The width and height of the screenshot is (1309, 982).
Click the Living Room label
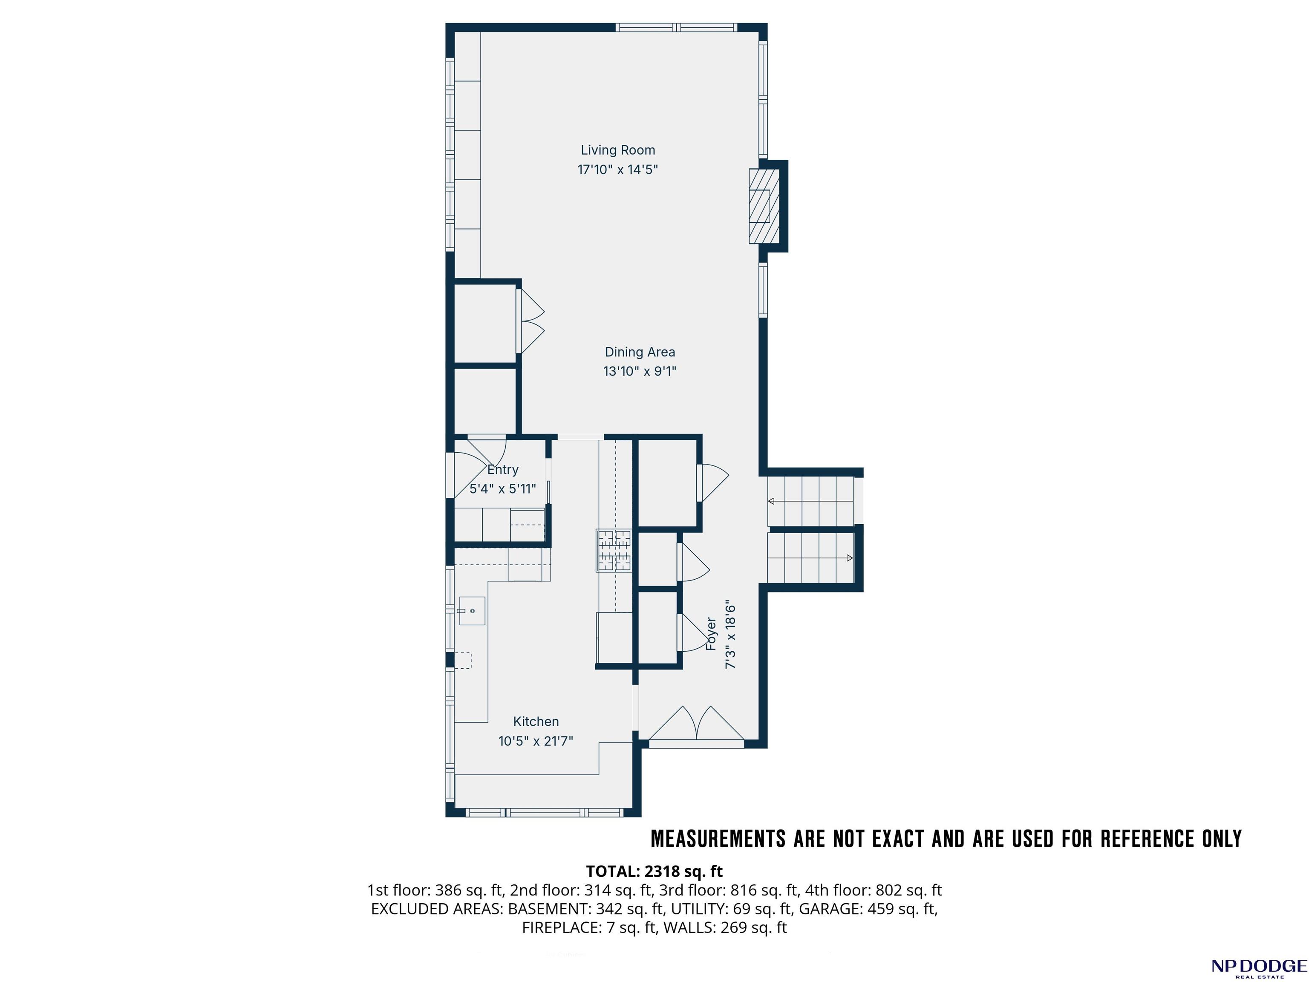[618, 150]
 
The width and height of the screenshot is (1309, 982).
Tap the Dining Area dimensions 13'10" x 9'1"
[640, 371]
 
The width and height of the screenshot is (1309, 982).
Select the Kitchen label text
[536, 722]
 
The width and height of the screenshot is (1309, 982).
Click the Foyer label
[711, 634]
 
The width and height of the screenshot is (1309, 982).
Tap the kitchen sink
[472, 611]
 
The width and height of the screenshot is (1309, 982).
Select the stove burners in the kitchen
[614, 551]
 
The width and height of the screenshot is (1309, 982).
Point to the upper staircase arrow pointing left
[810, 501]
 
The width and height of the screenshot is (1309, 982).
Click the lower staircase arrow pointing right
[810, 557]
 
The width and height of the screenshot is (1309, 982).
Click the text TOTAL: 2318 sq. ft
[654, 871]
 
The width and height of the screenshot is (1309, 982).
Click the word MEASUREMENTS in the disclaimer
[718, 839]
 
